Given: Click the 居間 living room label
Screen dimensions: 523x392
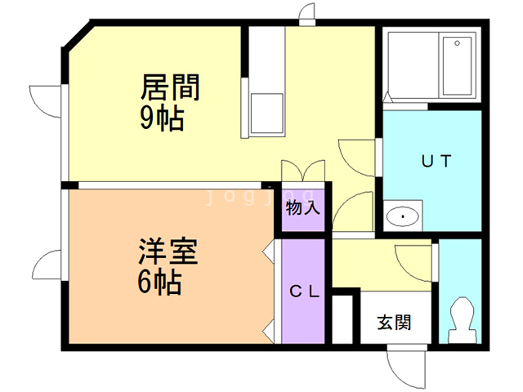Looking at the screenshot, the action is (170, 87).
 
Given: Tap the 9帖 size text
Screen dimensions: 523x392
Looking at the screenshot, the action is (162, 118).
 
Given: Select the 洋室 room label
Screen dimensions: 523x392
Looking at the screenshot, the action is (168, 252).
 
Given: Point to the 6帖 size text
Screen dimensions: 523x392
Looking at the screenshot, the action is (160, 282).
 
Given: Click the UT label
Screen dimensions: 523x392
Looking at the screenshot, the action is (436, 162).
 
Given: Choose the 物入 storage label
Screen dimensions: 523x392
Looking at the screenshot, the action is (303, 208).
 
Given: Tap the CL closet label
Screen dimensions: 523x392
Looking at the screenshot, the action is (305, 292).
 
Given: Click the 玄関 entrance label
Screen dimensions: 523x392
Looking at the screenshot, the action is (394, 323).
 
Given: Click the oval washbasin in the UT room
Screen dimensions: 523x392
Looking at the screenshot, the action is (403, 216).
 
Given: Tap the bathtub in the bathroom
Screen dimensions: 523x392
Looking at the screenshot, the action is (457, 66).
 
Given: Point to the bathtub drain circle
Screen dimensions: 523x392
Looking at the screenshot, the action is (458, 43).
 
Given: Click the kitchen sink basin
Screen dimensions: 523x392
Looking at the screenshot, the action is (267, 114).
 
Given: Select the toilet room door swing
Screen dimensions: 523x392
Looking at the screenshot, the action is (413, 263).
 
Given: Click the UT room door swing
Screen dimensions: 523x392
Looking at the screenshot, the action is (356, 158).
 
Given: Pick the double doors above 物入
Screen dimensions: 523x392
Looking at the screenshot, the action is (303, 171).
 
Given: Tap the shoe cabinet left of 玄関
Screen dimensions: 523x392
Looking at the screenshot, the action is (342, 319).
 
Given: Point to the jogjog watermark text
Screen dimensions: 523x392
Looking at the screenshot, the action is (260, 197).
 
